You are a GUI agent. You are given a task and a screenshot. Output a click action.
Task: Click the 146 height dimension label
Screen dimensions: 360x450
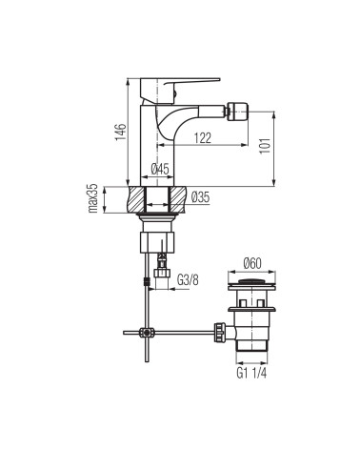coord(121,132)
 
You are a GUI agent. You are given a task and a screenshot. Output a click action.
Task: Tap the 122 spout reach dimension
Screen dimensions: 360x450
coord(203,138)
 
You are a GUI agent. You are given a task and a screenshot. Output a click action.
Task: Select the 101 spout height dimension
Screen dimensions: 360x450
coord(265,146)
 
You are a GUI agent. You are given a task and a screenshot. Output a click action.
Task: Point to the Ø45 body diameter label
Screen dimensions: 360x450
coord(160,169)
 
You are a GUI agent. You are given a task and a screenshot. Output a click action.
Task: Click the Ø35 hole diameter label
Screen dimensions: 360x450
coord(200,197)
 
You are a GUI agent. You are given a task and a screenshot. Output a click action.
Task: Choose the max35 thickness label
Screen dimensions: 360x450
coord(93,198)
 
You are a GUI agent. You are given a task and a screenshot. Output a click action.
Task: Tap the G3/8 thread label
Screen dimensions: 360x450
coord(188,280)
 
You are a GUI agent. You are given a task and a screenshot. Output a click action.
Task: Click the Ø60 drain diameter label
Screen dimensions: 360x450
coord(252,263)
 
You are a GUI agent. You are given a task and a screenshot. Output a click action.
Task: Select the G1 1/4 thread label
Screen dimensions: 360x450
coord(251,373)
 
